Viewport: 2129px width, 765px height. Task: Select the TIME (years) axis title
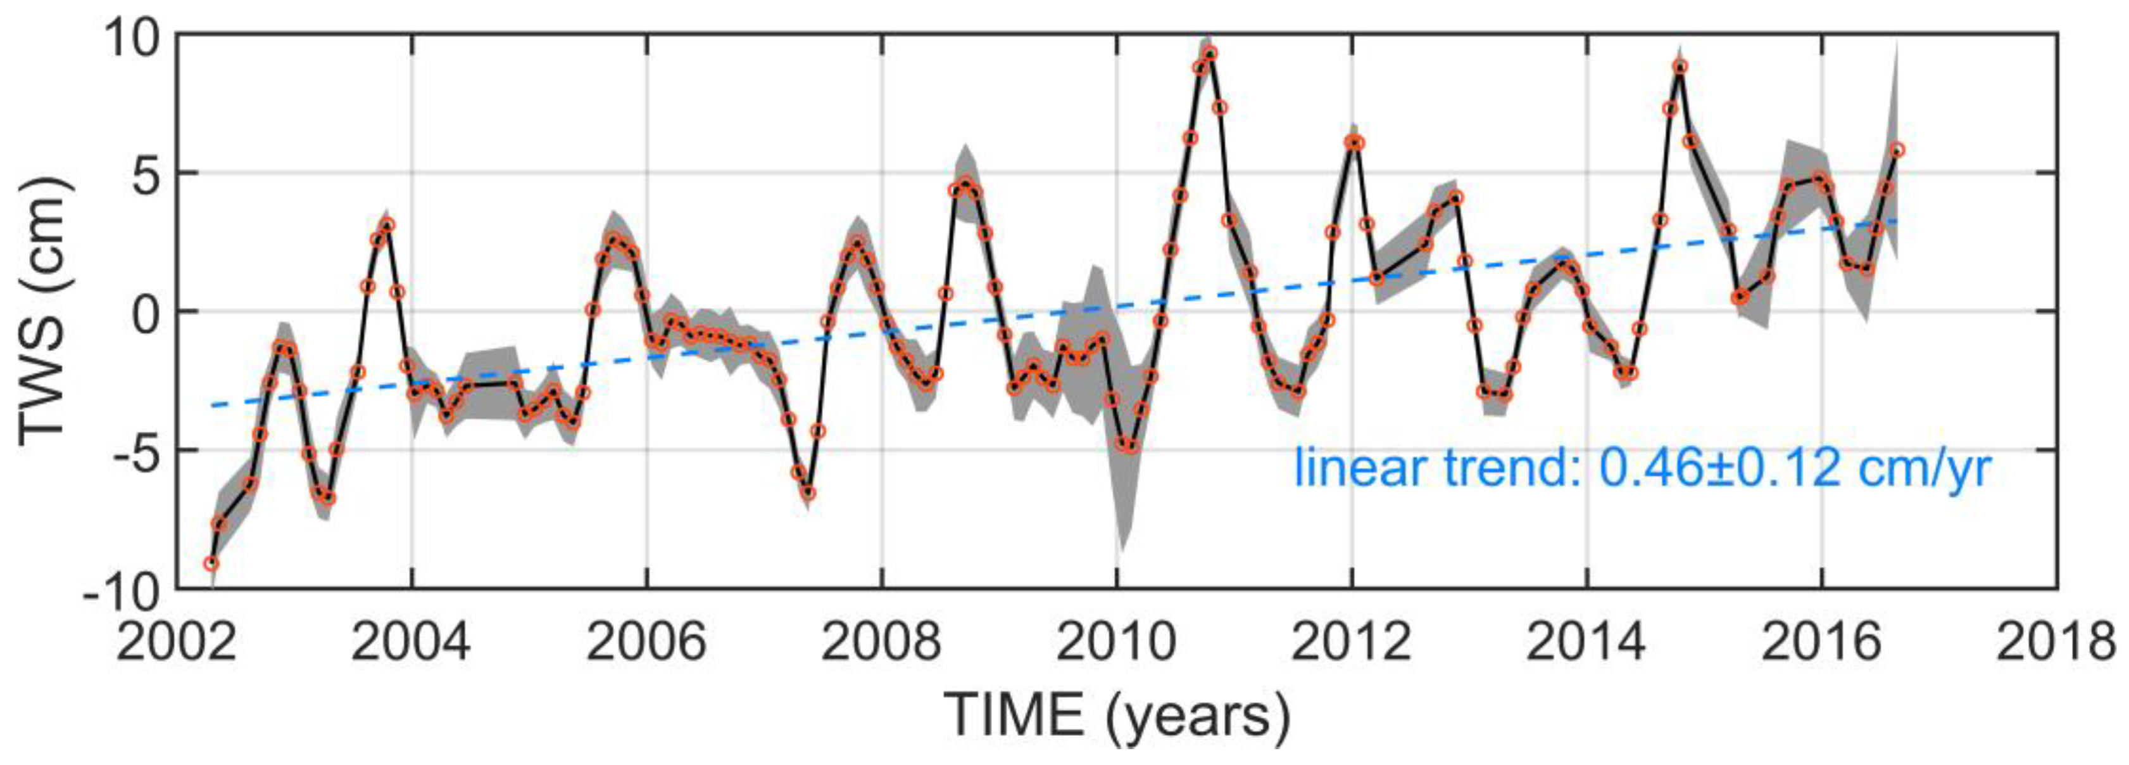1115,716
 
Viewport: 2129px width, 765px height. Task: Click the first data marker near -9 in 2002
211,564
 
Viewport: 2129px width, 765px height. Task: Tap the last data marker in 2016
1897,150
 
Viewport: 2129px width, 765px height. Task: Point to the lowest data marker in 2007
809,494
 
